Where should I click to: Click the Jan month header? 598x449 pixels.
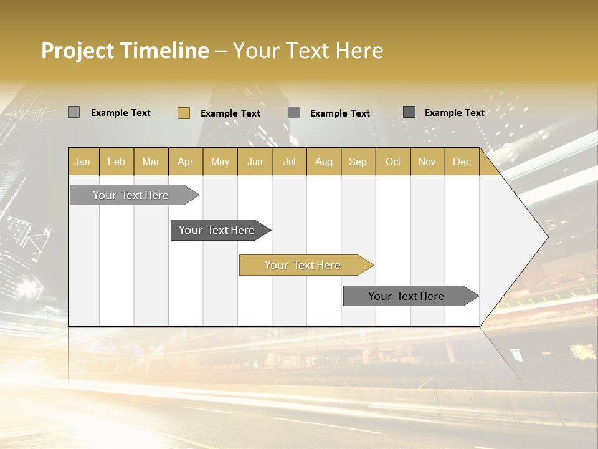(x=82, y=162)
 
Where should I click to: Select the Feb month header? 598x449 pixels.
(x=116, y=162)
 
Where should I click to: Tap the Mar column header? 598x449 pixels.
(x=151, y=162)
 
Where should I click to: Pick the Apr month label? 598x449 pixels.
(x=185, y=162)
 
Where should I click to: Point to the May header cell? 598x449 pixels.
(x=220, y=162)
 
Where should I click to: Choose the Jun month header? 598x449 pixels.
(x=255, y=162)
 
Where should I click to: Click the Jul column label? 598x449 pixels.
(x=289, y=162)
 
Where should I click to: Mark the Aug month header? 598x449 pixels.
(x=323, y=162)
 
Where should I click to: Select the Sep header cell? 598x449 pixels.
(x=358, y=162)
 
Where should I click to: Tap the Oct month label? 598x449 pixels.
(x=393, y=162)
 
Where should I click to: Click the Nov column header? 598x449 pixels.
(x=427, y=162)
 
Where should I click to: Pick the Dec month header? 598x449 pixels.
(x=462, y=162)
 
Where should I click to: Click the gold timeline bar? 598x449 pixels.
(x=303, y=265)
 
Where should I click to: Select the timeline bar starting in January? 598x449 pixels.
(x=131, y=195)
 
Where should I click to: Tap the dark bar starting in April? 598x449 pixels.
(x=217, y=230)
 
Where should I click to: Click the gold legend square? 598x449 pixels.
(x=184, y=113)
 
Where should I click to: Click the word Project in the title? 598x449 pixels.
(x=78, y=51)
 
